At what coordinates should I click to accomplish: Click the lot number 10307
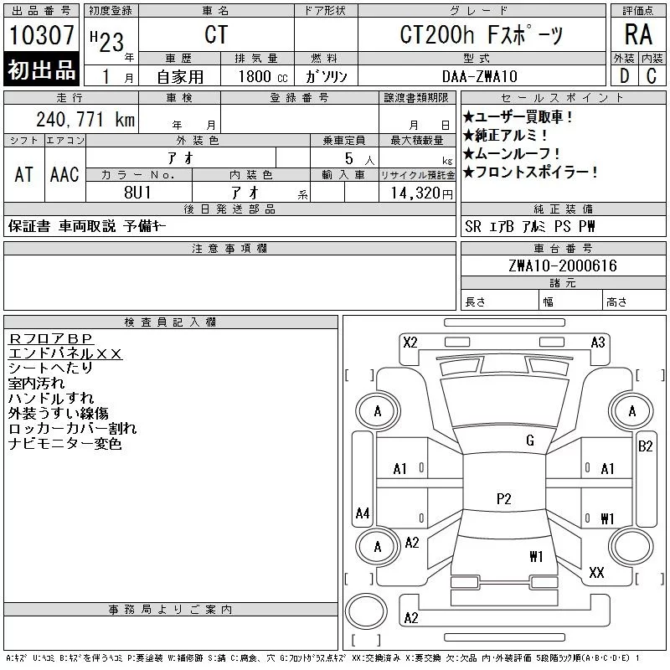click(x=41, y=37)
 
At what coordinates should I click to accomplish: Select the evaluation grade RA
click(x=639, y=34)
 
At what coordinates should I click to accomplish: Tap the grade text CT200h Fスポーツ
click(x=481, y=35)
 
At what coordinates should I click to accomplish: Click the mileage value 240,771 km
click(x=85, y=120)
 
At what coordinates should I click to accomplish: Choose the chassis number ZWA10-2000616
click(x=562, y=265)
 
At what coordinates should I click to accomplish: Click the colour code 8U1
click(x=138, y=193)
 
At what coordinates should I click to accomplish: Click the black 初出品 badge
click(x=41, y=70)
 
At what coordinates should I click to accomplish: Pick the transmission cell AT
click(x=24, y=174)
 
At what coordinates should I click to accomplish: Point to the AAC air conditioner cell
click(x=64, y=174)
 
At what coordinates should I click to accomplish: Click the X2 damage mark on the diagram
click(x=410, y=342)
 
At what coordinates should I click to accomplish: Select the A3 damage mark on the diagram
click(x=598, y=342)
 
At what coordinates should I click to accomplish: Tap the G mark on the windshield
click(x=530, y=441)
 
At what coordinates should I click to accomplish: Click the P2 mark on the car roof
click(x=503, y=499)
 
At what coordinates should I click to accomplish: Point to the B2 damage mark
click(x=645, y=446)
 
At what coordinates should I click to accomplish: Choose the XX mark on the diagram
click(x=596, y=573)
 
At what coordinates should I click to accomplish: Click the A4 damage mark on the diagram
click(x=363, y=513)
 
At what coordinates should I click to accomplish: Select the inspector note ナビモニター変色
click(x=64, y=444)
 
